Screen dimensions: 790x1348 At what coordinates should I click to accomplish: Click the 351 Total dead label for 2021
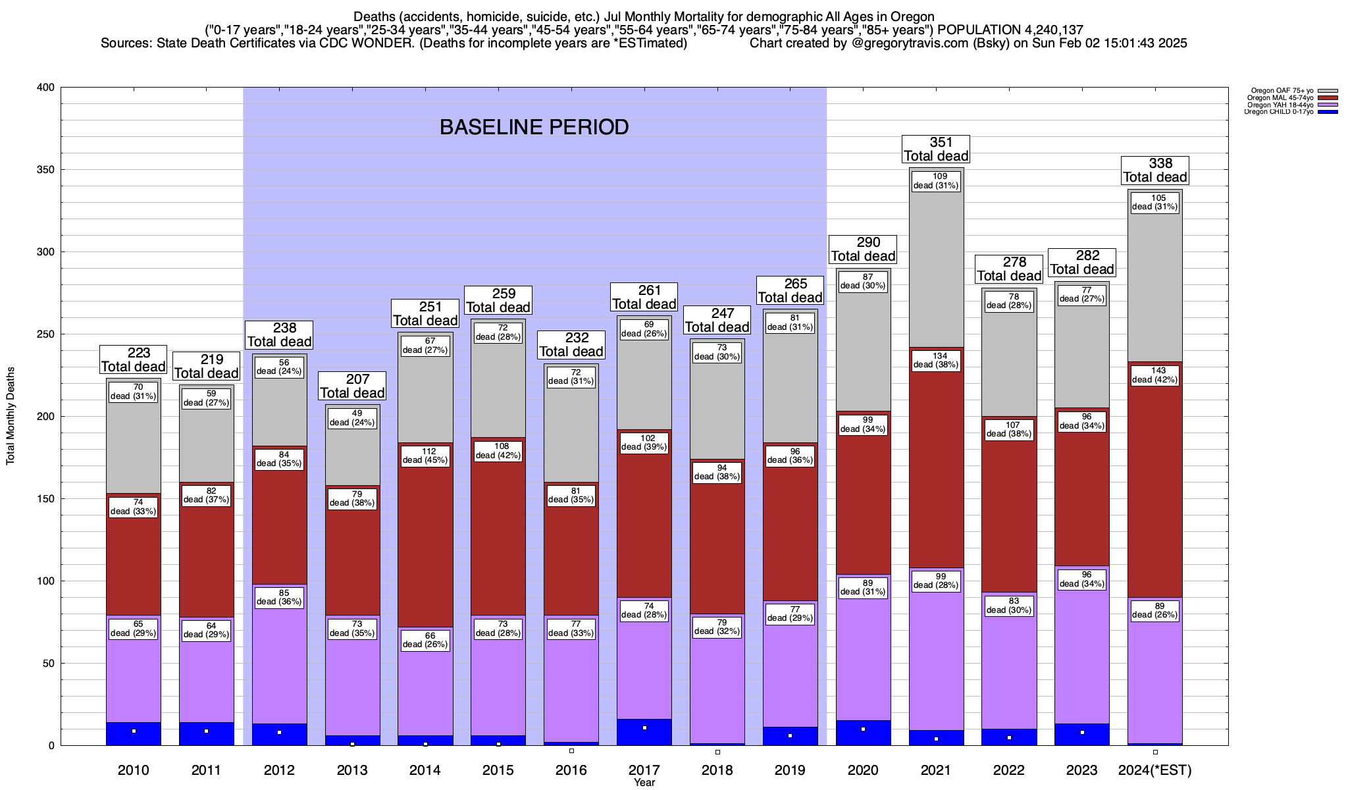pos(936,149)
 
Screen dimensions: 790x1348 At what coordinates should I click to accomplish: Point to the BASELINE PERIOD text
pos(534,127)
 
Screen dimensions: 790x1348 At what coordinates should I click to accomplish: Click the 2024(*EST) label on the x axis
pos(1155,770)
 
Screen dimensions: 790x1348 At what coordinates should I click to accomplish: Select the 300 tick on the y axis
pos(46,252)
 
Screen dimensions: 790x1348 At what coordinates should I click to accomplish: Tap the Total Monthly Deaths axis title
pos(11,416)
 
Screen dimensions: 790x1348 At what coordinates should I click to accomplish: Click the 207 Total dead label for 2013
pos(352,386)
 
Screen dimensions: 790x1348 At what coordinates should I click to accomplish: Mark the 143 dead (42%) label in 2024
pos(1155,375)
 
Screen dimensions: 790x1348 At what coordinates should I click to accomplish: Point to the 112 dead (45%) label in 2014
pos(425,456)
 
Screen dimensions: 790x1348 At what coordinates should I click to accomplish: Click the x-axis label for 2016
pos(571,770)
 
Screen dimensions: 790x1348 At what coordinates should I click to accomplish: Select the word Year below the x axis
pos(644,782)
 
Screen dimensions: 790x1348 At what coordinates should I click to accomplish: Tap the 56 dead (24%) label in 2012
pos(279,367)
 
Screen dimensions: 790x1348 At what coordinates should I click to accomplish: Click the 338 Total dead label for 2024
pos(1155,171)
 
